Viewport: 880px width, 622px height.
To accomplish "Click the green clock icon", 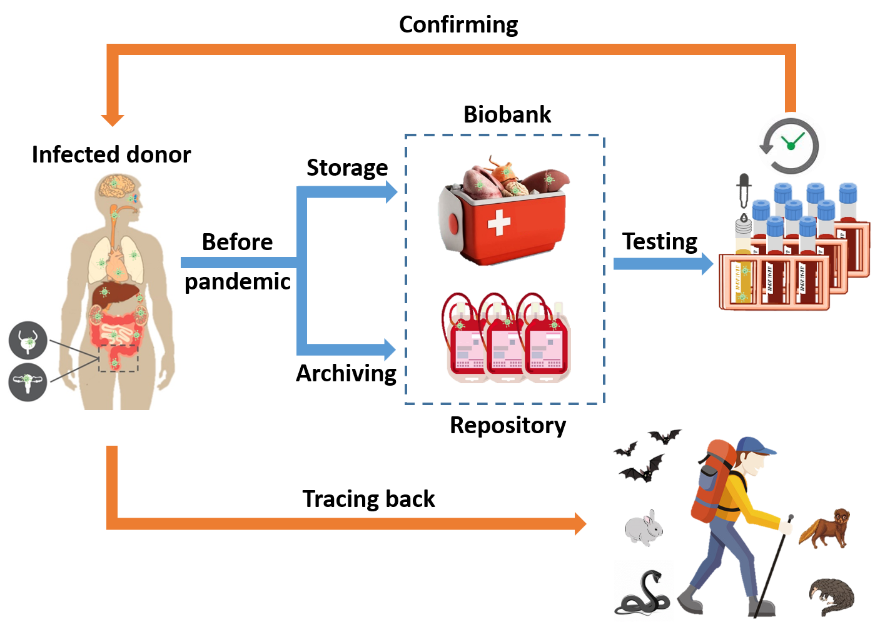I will [x=791, y=144].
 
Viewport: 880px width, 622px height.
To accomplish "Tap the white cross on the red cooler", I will [x=498, y=223].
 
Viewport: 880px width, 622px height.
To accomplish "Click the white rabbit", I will [x=644, y=528].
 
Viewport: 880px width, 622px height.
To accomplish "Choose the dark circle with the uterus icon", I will [x=28, y=381].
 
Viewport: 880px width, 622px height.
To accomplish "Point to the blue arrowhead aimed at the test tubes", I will [x=707, y=264].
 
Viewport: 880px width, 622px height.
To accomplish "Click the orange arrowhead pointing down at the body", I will [x=113, y=120].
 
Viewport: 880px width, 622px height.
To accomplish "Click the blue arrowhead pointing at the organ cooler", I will [x=392, y=192].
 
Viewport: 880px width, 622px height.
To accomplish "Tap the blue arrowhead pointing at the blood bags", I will [x=390, y=349].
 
